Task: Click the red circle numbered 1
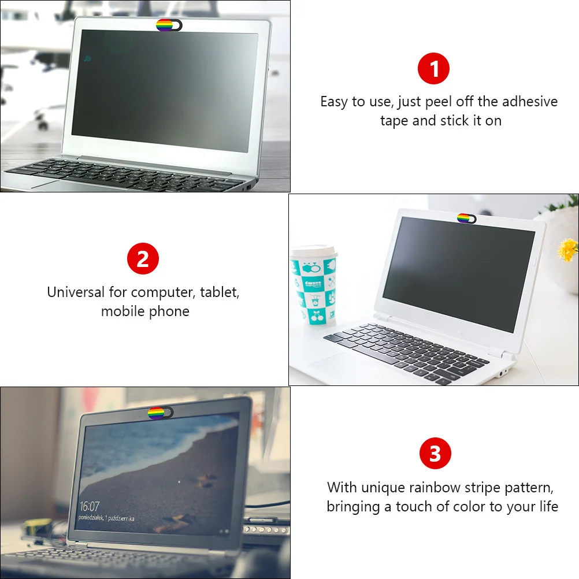pyautogui.click(x=433, y=69)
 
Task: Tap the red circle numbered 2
pyautogui.click(x=143, y=259)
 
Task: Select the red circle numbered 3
pyautogui.click(x=435, y=454)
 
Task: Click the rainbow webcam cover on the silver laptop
pyautogui.click(x=169, y=25)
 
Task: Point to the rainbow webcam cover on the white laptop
pyautogui.click(x=466, y=218)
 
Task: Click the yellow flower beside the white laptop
pyautogui.click(x=567, y=249)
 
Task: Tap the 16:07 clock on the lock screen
pyautogui.click(x=90, y=507)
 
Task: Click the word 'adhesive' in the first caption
pyautogui.click(x=530, y=102)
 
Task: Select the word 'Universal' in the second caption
pyautogui.click(x=76, y=292)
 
